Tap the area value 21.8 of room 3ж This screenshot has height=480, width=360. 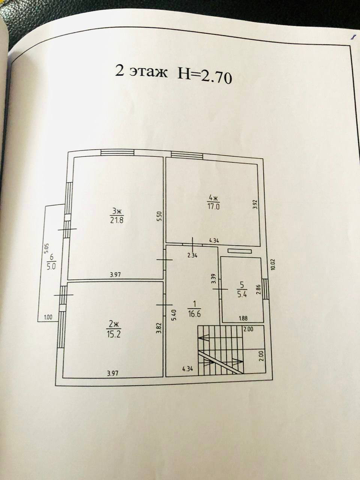(x=117, y=220)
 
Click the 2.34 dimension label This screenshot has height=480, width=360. (x=192, y=256)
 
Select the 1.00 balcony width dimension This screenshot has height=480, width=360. (x=48, y=318)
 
